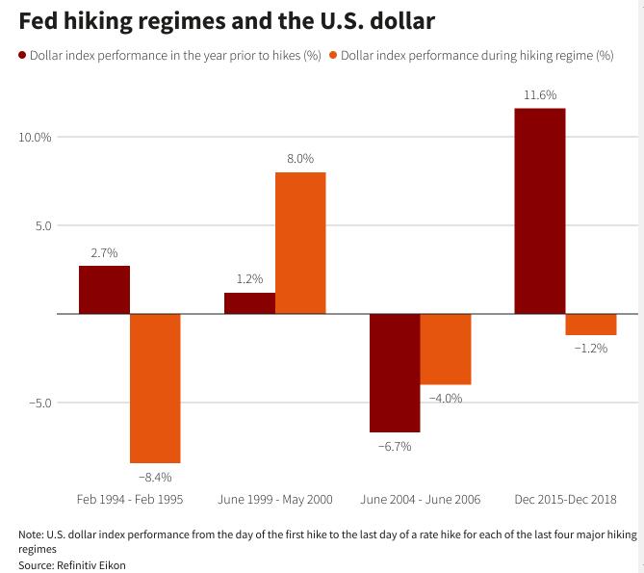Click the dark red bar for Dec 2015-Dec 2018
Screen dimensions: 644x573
click(x=540, y=211)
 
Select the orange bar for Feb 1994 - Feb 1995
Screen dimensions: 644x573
click(x=155, y=388)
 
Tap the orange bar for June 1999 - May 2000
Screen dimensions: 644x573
click(x=300, y=244)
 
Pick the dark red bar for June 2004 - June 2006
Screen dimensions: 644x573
click(x=395, y=373)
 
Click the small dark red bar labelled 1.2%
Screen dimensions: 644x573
click(x=249, y=303)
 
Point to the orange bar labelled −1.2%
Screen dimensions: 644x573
click(x=591, y=325)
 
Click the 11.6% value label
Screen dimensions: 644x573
click(x=540, y=95)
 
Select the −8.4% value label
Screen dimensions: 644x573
click(x=155, y=478)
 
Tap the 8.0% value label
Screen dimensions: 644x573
click(x=300, y=159)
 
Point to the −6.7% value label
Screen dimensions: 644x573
click(x=395, y=447)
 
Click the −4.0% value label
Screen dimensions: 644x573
click(x=446, y=399)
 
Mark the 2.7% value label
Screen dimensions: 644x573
click(x=104, y=252)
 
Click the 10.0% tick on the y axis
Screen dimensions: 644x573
click(x=35, y=137)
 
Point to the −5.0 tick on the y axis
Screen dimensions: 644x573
click(x=40, y=403)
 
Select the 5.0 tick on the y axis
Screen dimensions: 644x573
click(x=43, y=225)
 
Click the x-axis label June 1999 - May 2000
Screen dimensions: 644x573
click(x=275, y=500)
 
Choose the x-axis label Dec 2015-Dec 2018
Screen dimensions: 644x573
click(x=566, y=500)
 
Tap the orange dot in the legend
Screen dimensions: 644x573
click(x=333, y=55)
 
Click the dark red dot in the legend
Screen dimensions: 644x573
click(x=22, y=55)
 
